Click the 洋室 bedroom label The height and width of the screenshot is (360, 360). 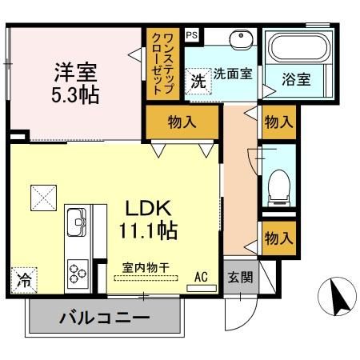pos(75,72)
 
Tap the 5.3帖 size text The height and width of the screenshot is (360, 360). pos(75,95)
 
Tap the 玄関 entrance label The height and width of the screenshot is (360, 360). pos(239,278)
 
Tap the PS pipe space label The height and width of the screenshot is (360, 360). pos(192,35)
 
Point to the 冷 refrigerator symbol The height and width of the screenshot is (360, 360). pos(25,282)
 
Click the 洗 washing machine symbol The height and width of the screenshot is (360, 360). pos(197,80)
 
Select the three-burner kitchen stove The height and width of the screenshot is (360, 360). pos(78,271)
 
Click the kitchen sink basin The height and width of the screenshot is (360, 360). pos(77,222)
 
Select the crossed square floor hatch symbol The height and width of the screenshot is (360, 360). pos(42,194)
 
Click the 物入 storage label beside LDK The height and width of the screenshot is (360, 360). pos(182,122)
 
